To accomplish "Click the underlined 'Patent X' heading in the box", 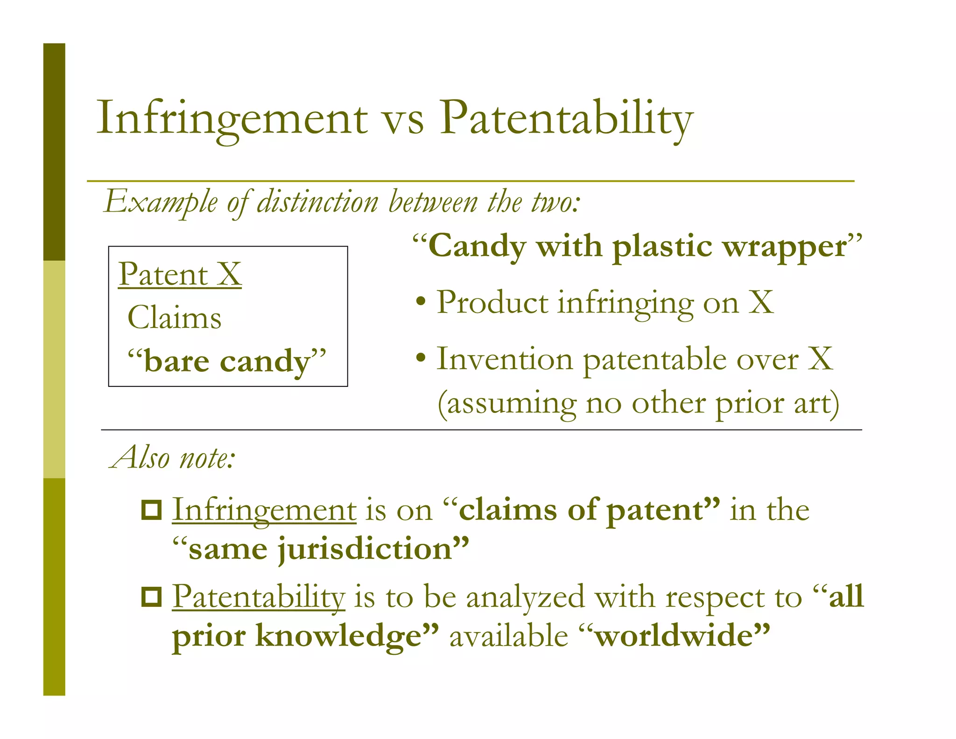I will click(x=180, y=274).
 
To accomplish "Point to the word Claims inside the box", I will click(x=174, y=318).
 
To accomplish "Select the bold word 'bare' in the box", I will click(x=176, y=361).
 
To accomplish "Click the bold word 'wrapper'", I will click(x=785, y=247).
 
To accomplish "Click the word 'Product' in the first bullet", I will click(x=492, y=302).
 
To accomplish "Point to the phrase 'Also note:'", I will click(x=173, y=457).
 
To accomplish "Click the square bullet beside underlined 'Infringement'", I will click(x=151, y=510).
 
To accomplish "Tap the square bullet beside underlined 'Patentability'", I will click(x=151, y=597).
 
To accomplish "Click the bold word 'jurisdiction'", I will click(x=366, y=548).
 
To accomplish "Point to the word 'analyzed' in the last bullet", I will click(x=525, y=597).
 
